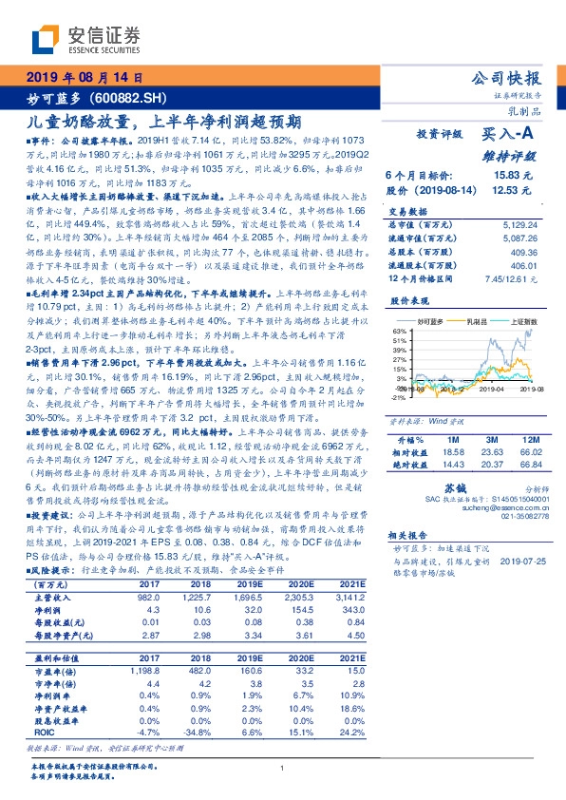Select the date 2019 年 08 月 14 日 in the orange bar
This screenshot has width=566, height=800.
coord(83,76)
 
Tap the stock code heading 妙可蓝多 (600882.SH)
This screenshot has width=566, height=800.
coord(85,97)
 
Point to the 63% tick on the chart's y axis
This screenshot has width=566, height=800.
coord(397,332)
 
